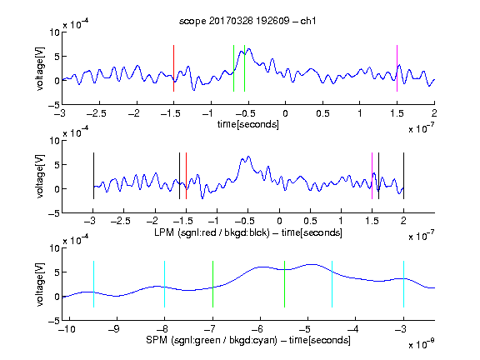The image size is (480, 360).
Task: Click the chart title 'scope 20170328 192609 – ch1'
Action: [x=247, y=21]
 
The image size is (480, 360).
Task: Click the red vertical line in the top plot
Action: [x=173, y=68]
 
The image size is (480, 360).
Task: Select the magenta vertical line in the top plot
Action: [x=397, y=68]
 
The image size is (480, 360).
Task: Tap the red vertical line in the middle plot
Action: [x=186, y=176]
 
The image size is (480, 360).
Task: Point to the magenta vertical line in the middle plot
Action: [x=372, y=176]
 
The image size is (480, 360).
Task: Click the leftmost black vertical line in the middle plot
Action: [x=93, y=176]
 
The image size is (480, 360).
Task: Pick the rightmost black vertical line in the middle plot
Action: [x=403, y=176]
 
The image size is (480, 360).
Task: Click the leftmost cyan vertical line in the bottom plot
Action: [x=93, y=284]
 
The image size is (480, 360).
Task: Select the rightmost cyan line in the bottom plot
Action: [x=403, y=284]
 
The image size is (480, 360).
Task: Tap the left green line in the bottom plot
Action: [x=212, y=284]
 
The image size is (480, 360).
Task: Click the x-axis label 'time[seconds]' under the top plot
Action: [x=248, y=124]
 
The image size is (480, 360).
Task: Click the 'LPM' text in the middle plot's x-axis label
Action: [x=164, y=232]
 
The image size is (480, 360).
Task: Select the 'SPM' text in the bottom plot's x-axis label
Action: [x=157, y=340]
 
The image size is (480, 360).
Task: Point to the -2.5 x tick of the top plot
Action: [x=97, y=113]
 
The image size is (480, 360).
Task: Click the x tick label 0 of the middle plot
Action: [x=279, y=221]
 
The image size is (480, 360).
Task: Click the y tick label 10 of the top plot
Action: [x=54, y=32]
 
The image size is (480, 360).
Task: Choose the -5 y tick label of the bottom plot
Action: [x=53, y=321]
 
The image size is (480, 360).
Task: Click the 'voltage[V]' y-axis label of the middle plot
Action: [x=40, y=177]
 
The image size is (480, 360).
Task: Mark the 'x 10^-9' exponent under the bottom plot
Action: [x=421, y=344]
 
